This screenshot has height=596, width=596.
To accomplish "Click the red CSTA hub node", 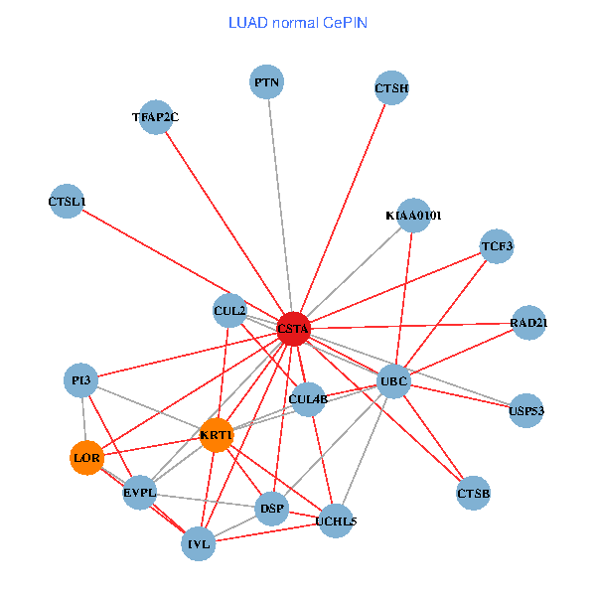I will pos(293,328).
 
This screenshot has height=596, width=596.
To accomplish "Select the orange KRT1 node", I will pos(216,435).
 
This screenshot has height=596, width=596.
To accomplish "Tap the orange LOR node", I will pos(86,458).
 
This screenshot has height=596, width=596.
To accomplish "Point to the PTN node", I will pos(266,82).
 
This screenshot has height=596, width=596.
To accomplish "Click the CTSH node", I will pos(392,88).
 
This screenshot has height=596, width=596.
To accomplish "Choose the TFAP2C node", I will pos(156,117).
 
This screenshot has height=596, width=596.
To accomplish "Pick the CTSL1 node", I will pos(67,202).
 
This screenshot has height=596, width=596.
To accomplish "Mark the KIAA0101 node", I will pos(413,216).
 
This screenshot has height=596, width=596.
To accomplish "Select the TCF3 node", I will pos(497,245).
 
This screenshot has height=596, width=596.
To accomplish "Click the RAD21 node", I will pos(528,323).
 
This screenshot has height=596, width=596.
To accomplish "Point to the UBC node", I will pos(394,380).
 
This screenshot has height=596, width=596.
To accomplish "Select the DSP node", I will pos(271,509).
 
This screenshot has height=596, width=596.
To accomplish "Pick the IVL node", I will pos(199,543).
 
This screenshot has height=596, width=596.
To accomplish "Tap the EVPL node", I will pos(140,493).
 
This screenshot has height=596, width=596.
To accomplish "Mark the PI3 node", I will pos(80,380).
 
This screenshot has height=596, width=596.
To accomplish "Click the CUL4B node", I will pos(308,399).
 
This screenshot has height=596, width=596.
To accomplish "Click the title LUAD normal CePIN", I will pos(298,22).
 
